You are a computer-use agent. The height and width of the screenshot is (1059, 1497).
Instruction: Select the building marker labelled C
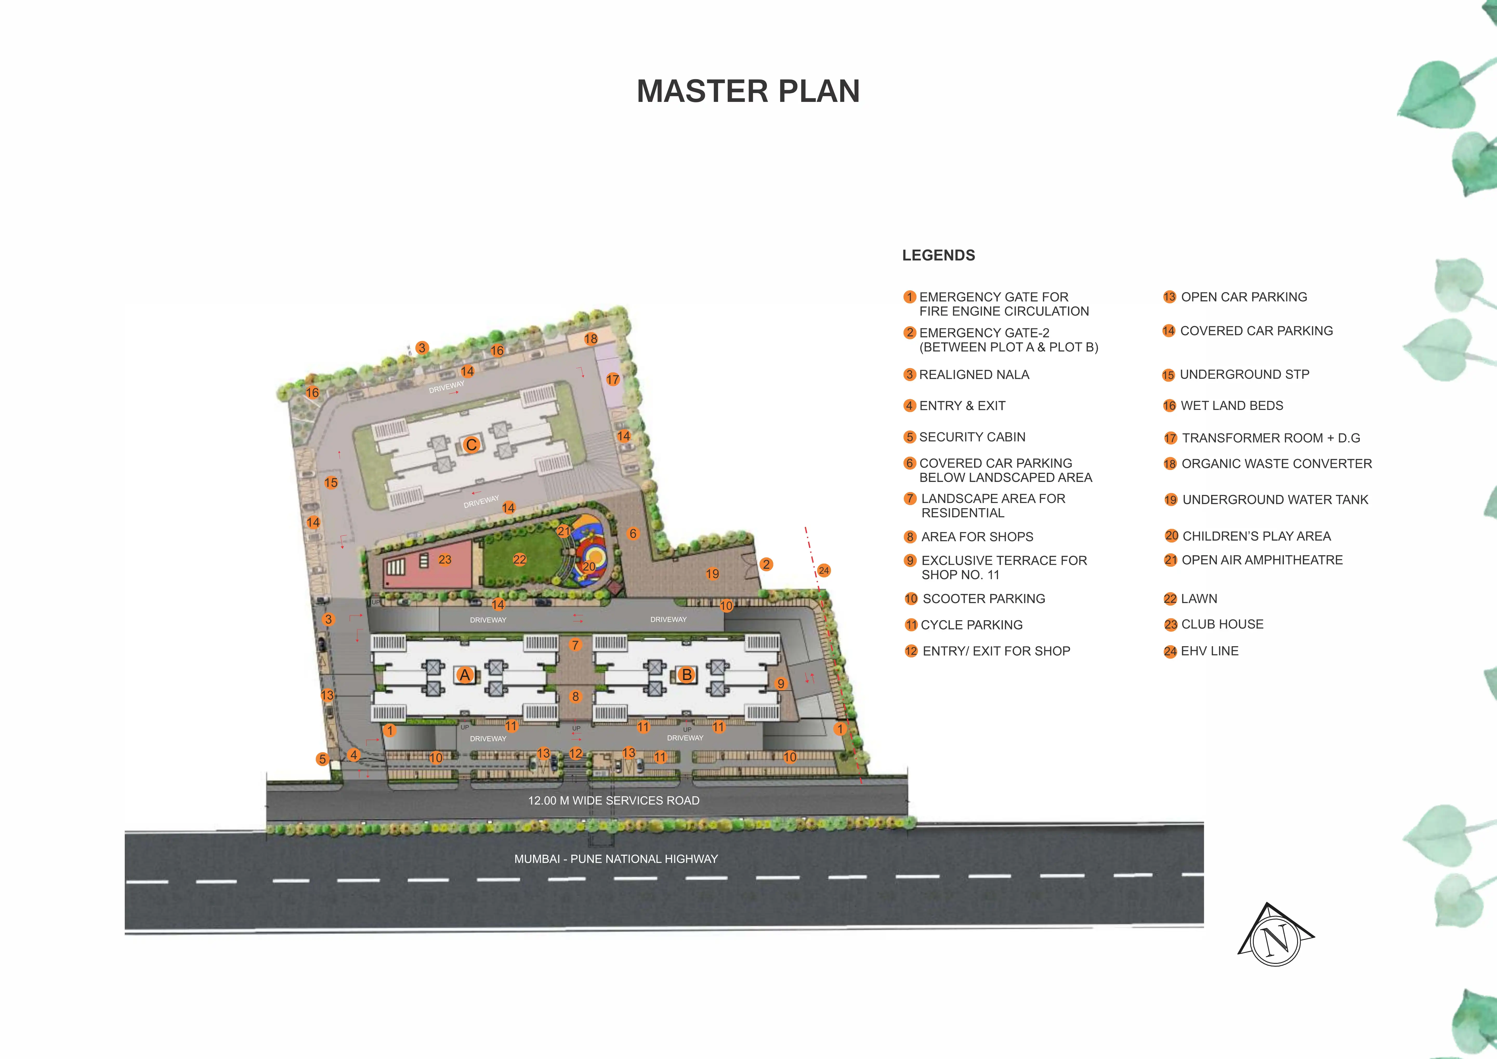pyautogui.click(x=471, y=445)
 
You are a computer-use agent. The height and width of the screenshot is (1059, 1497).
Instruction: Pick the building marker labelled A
pyautogui.click(x=465, y=675)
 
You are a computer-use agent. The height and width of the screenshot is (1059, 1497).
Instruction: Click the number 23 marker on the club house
pyautogui.click(x=445, y=559)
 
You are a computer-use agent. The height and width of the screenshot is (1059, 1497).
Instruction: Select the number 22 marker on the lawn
pyautogui.click(x=520, y=559)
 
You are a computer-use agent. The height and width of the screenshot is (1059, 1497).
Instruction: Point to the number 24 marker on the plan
pyautogui.click(x=824, y=571)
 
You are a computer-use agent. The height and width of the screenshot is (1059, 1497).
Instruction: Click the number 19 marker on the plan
pyautogui.click(x=713, y=574)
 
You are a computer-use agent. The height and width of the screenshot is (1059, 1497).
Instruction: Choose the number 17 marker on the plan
pyautogui.click(x=613, y=380)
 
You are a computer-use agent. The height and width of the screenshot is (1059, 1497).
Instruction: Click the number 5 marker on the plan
pyautogui.click(x=322, y=759)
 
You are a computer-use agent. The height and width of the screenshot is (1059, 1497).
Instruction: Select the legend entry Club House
pyautogui.click(x=1214, y=624)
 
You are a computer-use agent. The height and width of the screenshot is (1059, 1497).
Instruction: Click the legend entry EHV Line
pyautogui.click(x=1202, y=651)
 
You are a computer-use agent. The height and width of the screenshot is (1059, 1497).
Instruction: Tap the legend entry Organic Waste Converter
pyautogui.click(x=1268, y=464)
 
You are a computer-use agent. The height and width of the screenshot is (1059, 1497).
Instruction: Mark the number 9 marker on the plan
pyautogui.click(x=780, y=683)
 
